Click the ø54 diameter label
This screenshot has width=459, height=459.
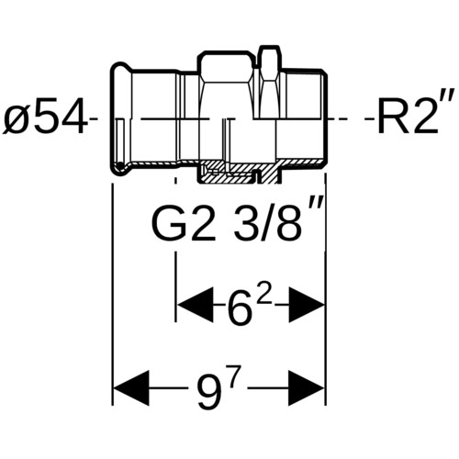pyautogui.click(x=44, y=118)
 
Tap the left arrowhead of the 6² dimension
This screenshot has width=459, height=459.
pyautogui.click(x=196, y=305)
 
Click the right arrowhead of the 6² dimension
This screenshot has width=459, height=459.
pyautogui.click(x=307, y=305)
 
